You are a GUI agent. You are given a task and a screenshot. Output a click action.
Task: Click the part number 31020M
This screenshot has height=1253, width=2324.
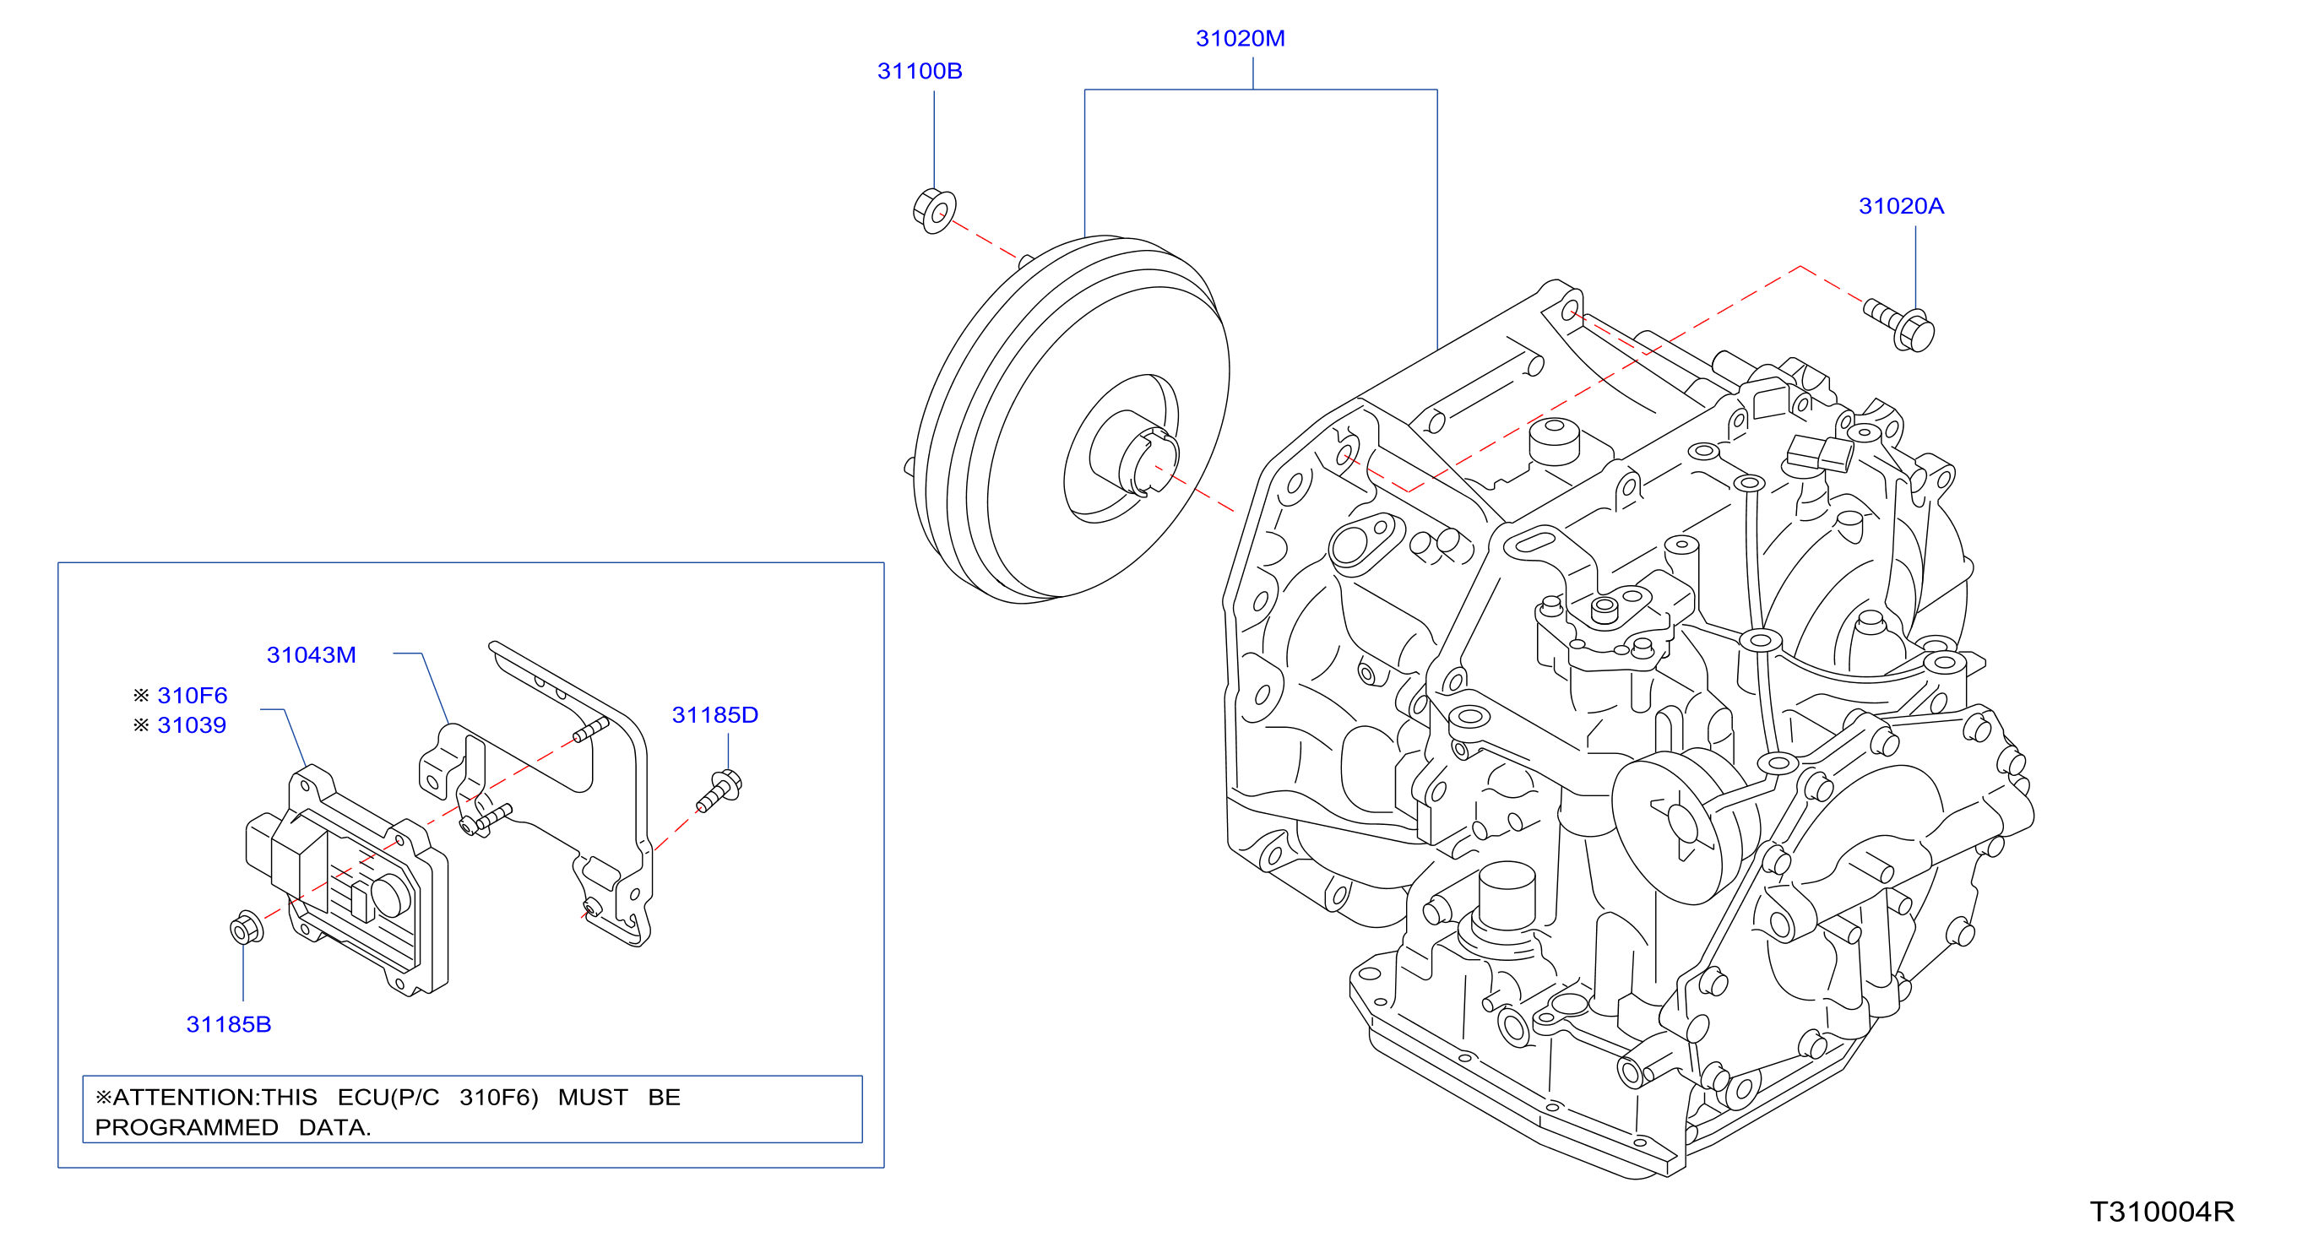tap(1240, 39)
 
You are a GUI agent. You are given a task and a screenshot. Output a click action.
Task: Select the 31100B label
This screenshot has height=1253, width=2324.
tap(920, 71)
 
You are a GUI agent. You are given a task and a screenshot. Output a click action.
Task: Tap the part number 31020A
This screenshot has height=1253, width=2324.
tap(1901, 207)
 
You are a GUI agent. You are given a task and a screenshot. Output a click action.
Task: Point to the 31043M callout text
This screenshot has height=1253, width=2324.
tap(312, 655)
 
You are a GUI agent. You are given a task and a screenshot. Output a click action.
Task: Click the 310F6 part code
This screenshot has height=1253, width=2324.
tap(193, 696)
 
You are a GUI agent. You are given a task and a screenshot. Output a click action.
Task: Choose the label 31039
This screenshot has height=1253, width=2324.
tap(191, 725)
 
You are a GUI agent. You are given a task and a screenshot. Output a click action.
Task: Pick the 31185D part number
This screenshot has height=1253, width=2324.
tap(714, 715)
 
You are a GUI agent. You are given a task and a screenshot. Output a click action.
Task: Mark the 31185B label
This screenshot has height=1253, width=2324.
tap(228, 1025)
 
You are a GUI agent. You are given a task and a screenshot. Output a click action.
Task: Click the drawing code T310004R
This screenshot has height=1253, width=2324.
tap(2162, 1212)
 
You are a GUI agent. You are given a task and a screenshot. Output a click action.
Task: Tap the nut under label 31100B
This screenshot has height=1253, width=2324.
tap(935, 211)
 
